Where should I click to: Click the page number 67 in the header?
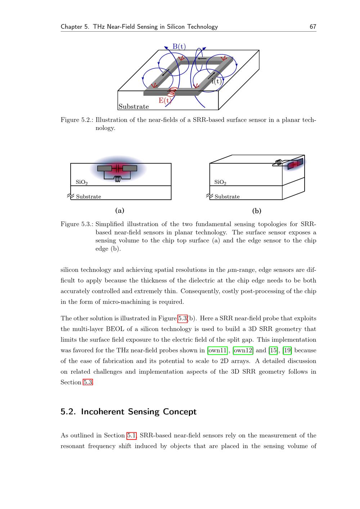[x=313, y=27]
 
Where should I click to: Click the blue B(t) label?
[x=179, y=46]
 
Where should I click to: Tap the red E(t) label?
[x=165, y=100]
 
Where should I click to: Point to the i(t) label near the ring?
[x=216, y=81]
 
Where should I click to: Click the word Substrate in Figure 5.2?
[x=134, y=107]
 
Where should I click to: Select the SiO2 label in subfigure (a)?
[x=82, y=182]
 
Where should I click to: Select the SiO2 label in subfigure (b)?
[x=220, y=182]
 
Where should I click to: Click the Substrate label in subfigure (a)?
[x=89, y=197]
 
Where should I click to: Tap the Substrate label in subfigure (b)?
[x=227, y=197]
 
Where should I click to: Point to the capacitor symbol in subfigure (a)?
[x=117, y=168]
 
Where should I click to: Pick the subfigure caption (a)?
[x=120, y=211]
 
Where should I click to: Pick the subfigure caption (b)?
[x=257, y=211]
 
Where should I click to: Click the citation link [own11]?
[x=218, y=350]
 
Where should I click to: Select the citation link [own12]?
[x=243, y=350]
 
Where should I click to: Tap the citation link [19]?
[x=287, y=350]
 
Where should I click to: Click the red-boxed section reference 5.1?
[x=131, y=436]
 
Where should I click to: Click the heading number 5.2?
[x=68, y=412]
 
